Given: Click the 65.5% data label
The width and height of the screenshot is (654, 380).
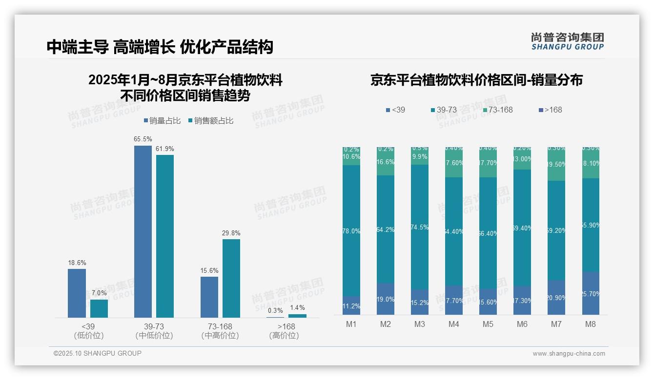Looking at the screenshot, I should (x=143, y=139).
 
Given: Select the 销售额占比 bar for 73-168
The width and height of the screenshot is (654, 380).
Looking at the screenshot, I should (x=231, y=278).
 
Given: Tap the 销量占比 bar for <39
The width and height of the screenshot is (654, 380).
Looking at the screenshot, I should (x=77, y=293).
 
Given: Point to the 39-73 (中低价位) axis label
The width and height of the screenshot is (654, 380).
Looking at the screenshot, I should (x=154, y=331).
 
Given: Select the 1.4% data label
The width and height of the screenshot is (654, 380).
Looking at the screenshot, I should (x=297, y=307).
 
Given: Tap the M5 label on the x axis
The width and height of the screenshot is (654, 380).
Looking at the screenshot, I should (x=488, y=324).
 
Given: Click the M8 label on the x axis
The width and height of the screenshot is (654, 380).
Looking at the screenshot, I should (x=591, y=324).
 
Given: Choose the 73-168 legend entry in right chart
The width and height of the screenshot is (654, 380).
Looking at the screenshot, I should (x=498, y=110).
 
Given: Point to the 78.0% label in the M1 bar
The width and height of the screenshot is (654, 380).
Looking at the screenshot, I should (x=351, y=231).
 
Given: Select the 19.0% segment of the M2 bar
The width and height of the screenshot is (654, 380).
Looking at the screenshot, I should (x=386, y=299).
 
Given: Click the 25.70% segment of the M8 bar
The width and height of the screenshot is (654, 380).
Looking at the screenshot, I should (x=591, y=293).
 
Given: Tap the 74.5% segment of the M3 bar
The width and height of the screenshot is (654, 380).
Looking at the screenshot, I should (x=420, y=227).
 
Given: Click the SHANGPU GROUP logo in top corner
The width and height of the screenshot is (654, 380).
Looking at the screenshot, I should (x=567, y=41).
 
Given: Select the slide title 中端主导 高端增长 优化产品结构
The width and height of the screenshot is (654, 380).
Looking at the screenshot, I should (x=160, y=47).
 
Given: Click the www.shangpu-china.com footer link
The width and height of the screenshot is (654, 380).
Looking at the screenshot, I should (x=569, y=354).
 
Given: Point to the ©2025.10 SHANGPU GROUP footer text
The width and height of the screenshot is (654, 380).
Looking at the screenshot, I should (x=98, y=353).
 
